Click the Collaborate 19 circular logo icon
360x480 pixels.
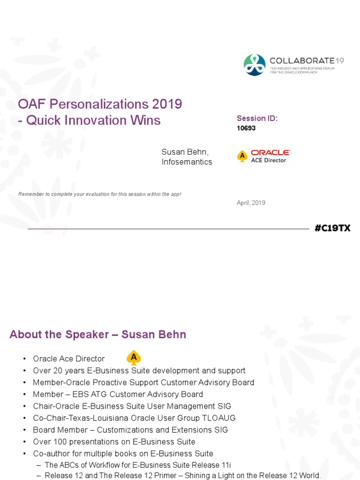pos(255,65)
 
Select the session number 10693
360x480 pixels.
pos(246,128)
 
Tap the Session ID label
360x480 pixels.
pos(257,119)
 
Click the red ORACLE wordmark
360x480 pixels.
pos(270,152)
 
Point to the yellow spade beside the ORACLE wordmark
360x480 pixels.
pos(242,156)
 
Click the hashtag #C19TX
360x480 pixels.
pos(332,228)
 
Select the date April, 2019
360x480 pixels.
pos(251,203)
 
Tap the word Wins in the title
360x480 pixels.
pos(146,120)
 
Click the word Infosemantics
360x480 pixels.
pos(187,162)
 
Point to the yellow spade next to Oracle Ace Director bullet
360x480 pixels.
pos(134,358)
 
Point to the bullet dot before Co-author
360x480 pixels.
pos(24,454)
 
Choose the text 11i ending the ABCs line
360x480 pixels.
pos(226,465)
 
